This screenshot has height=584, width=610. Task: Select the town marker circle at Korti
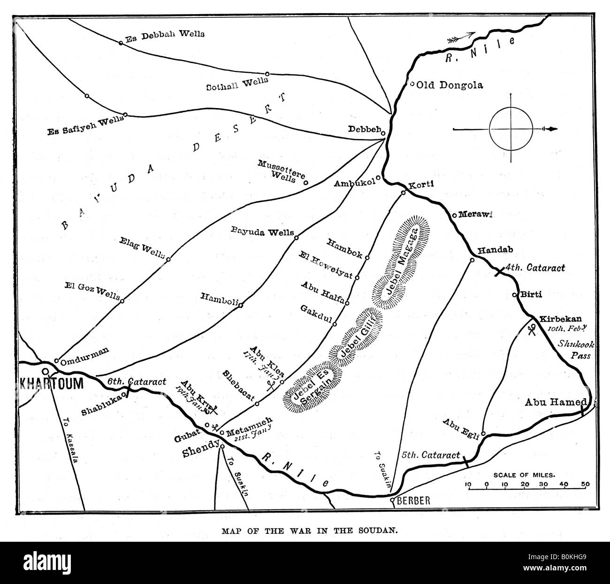pyautogui.click(x=403, y=193)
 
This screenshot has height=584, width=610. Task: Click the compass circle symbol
pyautogui.click(x=511, y=128)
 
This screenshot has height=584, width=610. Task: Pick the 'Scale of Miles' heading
pyautogui.click(x=524, y=475)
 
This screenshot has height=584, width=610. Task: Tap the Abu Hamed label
pyautogui.click(x=555, y=402)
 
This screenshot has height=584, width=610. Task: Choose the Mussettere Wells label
pyautogui.click(x=281, y=171)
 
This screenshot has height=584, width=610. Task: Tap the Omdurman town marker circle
pyautogui.click(x=56, y=361)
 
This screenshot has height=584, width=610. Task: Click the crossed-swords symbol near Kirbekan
pyautogui.click(x=531, y=330)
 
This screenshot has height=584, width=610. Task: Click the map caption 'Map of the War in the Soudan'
pyautogui.click(x=305, y=532)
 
